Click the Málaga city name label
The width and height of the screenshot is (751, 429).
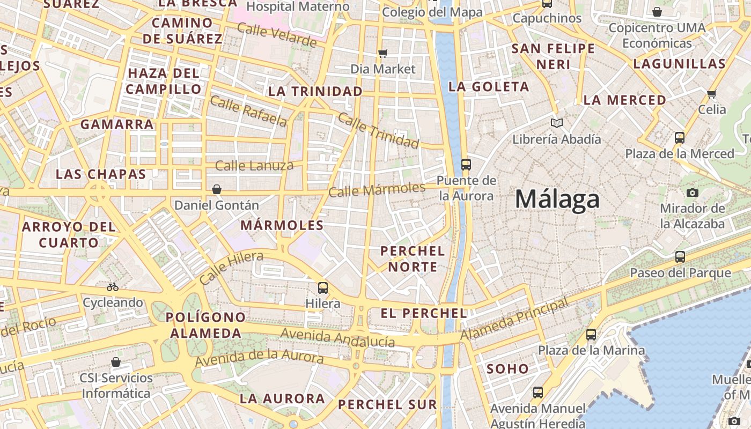[557, 199]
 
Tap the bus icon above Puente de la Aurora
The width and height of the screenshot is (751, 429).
[466, 164]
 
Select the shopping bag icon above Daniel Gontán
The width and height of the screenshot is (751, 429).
[217, 189]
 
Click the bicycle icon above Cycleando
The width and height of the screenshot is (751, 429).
[113, 287]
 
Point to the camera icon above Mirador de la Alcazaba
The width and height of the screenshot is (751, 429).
[693, 193]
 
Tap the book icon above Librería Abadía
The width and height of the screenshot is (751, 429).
[557, 123]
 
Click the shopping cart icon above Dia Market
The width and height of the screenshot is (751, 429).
[383, 53]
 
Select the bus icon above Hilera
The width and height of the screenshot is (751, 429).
[323, 287]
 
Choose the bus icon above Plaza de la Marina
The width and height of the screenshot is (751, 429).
[591, 334]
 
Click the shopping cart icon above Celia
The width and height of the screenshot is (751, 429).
[712, 94]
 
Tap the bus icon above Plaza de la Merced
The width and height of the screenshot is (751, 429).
[680, 138]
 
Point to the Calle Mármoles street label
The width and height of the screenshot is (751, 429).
[377, 189]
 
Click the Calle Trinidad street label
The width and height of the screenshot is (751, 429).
[378, 131]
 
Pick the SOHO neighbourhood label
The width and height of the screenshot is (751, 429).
[507, 368]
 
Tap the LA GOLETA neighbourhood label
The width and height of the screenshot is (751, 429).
[488, 86]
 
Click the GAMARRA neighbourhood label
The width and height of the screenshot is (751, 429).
[117, 124]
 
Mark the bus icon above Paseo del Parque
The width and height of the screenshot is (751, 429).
[680, 257]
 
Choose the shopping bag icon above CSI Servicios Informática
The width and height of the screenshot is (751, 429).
[116, 362]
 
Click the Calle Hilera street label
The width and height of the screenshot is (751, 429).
[231, 268]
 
